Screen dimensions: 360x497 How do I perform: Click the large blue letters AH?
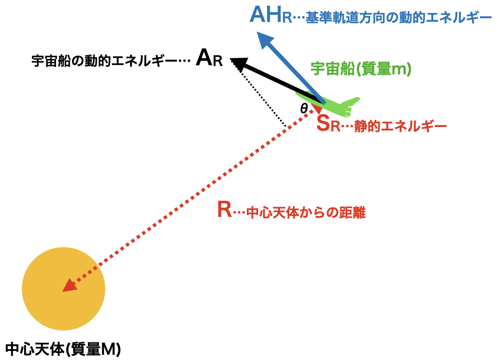click(265, 15)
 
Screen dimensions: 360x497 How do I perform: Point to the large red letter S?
click(323, 124)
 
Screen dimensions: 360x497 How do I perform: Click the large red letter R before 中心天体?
click(224, 210)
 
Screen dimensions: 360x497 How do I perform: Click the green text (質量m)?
click(384, 69)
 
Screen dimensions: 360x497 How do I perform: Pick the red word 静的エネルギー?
click(400, 127)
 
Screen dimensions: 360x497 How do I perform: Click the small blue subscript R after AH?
click(286, 19)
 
